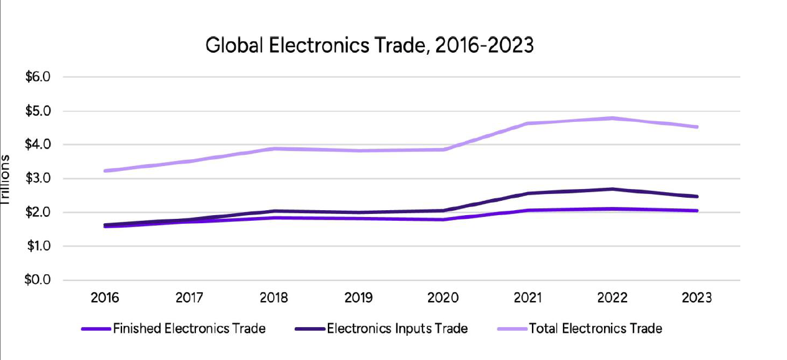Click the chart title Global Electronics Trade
coord(369,45)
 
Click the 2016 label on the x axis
coord(105,297)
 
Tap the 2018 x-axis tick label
coord(274,297)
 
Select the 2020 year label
coord(443,297)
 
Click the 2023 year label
coord(697,297)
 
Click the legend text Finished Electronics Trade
coord(189,328)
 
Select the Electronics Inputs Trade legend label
coord(397,328)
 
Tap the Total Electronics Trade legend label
coord(595,328)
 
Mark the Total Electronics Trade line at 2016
coord(105,170)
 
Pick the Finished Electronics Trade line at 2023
coord(697,211)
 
